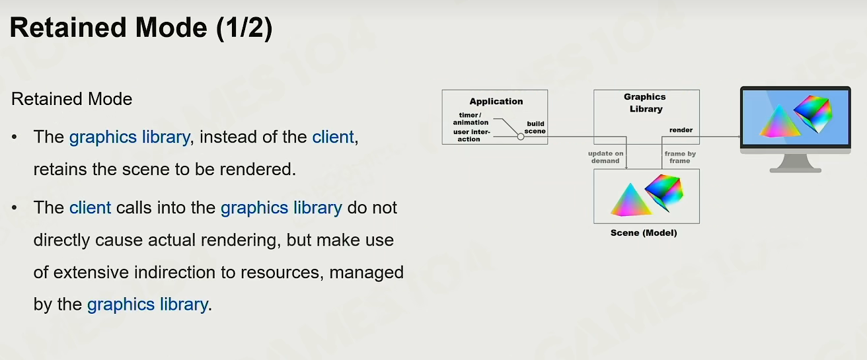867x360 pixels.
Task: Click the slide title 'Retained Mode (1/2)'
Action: (x=141, y=28)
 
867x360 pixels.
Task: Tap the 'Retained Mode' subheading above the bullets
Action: (x=71, y=99)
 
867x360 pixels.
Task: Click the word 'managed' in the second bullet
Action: (x=366, y=273)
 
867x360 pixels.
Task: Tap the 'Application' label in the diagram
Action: (x=496, y=102)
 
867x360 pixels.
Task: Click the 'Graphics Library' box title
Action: (x=645, y=103)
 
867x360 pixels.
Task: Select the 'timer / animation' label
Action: (x=471, y=119)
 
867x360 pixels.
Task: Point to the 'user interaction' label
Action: (x=471, y=135)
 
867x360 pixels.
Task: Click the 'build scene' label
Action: (x=535, y=127)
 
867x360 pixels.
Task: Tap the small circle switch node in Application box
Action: (x=521, y=137)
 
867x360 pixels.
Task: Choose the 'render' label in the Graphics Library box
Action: (x=681, y=130)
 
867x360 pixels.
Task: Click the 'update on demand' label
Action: (x=606, y=157)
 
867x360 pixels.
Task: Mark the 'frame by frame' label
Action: (x=680, y=157)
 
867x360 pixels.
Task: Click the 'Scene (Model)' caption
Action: (x=644, y=233)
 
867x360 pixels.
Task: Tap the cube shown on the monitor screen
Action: (x=813, y=114)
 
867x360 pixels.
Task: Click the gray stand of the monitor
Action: (x=796, y=162)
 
